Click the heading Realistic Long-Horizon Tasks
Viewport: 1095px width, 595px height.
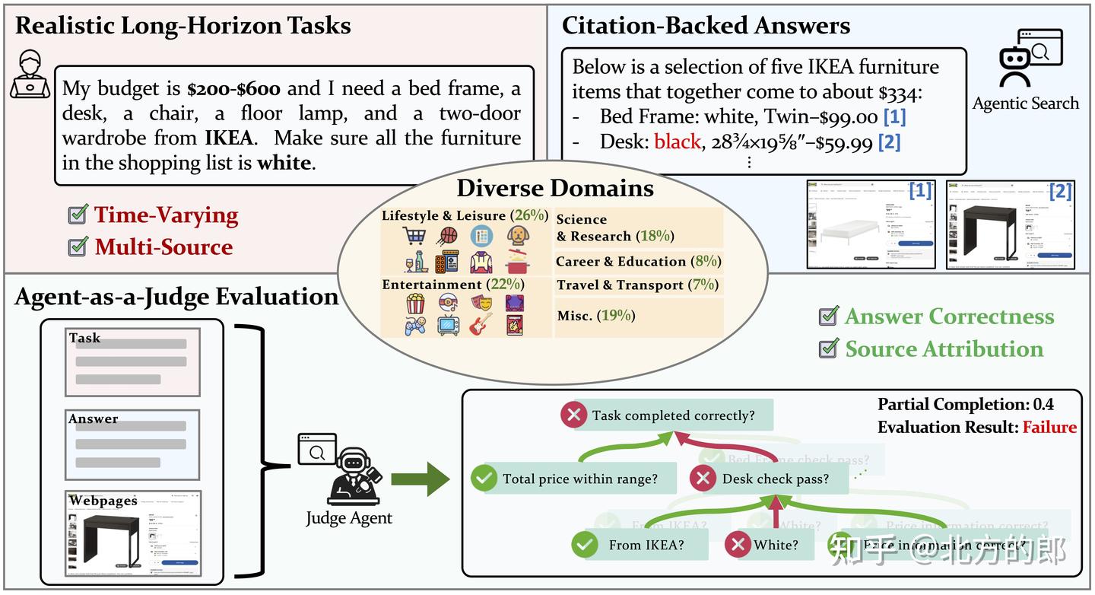coord(182,25)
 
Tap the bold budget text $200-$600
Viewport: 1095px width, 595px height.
coord(233,89)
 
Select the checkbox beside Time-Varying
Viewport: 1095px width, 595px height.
coord(78,215)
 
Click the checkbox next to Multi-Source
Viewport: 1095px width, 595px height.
coord(78,247)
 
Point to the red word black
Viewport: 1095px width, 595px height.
coord(677,142)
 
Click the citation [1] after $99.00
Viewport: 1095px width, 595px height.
coord(893,117)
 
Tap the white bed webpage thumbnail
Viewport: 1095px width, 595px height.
coord(871,224)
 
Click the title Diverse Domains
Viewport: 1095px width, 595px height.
coord(555,187)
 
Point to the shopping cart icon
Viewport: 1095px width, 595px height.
coord(414,235)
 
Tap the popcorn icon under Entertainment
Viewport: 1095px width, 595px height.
coord(415,304)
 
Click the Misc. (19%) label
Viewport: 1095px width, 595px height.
coord(595,315)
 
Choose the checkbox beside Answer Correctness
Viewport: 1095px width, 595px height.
coord(828,316)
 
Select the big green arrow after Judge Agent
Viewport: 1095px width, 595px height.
coord(421,479)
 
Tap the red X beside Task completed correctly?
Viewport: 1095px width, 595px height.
coord(573,415)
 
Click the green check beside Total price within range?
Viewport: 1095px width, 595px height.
coord(483,479)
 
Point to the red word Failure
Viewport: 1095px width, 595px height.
coord(1049,428)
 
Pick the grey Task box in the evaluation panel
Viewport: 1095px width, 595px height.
coord(133,362)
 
